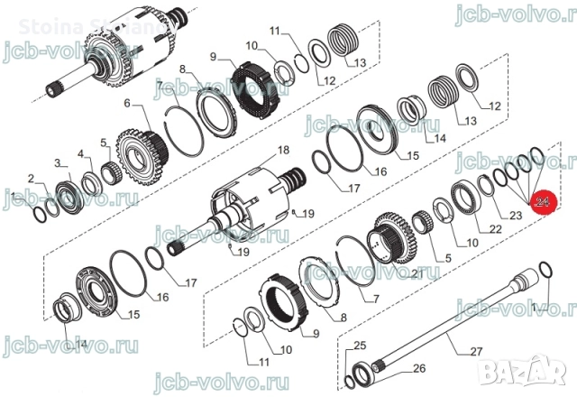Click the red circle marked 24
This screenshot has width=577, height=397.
click(x=544, y=204)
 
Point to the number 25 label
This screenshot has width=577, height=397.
click(x=360, y=346)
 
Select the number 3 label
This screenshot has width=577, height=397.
click(x=60, y=163)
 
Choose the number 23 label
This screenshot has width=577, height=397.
click(x=516, y=216)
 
